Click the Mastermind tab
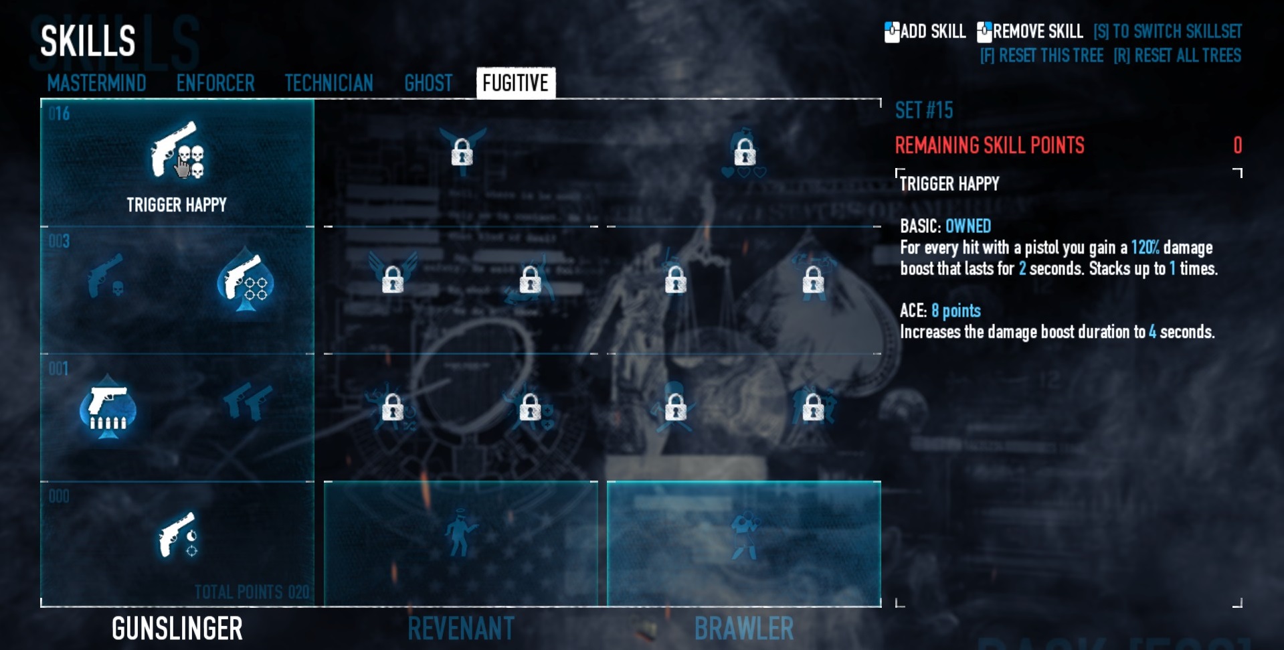pyautogui.click(x=96, y=83)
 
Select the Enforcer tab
pyautogui.click(x=215, y=83)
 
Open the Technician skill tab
pyautogui.click(x=329, y=83)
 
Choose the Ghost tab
pyautogui.click(x=428, y=83)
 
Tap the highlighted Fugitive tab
pyautogui.click(x=515, y=83)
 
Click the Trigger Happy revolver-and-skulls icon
pyautogui.click(x=177, y=151)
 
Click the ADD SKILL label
pyautogui.click(x=932, y=31)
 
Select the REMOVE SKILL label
pyautogui.click(x=1037, y=31)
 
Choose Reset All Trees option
pyautogui.click(x=1177, y=56)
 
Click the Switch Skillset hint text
pyautogui.click(x=1168, y=31)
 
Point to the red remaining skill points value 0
pyautogui.click(x=1237, y=145)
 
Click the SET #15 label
pyautogui.click(x=924, y=110)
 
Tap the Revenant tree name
pyautogui.click(x=461, y=629)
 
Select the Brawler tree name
pyautogui.click(x=744, y=629)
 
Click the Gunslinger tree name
pyautogui.click(x=177, y=629)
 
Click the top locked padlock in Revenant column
pyautogui.click(x=462, y=152)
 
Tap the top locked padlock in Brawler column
pyautogui.click(x=745, y=152)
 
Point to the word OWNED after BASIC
pyautogui.click(x=968, y=226)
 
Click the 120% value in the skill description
pyautogui.click(x=1145, y=248)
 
